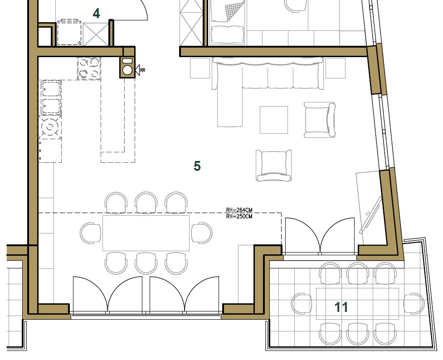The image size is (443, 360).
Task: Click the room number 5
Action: [197, 166]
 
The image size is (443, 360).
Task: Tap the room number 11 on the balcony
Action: [341, 307]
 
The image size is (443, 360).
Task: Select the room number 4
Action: [96, 14]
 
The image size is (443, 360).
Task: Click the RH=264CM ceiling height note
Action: [239, 210]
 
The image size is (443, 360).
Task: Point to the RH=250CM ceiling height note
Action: [239, 216]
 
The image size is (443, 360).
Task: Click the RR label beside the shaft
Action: [142, 70]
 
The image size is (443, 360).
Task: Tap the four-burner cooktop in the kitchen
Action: [89, 68]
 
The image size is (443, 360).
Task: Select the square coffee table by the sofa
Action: [274, 120]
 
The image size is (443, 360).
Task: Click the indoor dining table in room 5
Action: [146, 233]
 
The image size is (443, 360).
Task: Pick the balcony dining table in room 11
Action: [357, 304]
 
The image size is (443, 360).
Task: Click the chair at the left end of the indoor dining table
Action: [90, 233]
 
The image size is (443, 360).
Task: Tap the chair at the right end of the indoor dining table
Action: [202, 233]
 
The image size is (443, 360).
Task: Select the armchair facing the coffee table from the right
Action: [320, 120]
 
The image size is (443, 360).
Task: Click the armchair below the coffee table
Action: [274, 165]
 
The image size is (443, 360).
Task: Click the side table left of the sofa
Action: [200, 68]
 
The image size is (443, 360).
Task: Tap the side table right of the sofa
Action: [336, 68]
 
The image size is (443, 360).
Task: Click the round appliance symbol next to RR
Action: [128, 70]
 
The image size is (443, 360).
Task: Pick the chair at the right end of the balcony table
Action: [414, 304]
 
